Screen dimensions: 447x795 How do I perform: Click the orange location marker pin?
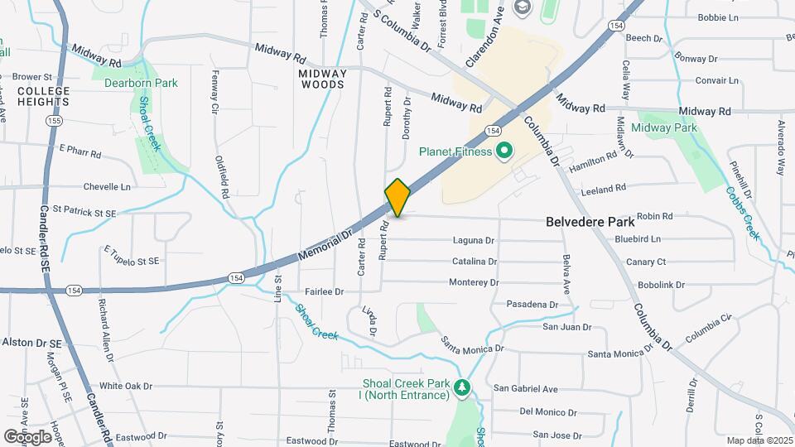tap(397, 198)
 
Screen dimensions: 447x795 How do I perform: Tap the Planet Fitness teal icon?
tap(503, 151)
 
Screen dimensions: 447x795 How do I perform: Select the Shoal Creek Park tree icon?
tap(464, 388)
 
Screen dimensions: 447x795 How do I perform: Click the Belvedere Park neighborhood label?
tap(590, 222)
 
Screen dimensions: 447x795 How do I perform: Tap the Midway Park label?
tap(663, 127)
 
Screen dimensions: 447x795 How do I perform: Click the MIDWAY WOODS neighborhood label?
tap(321, 79)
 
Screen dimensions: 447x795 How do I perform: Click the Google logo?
tap(27, 436)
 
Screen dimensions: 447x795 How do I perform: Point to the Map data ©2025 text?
tap(759, 440)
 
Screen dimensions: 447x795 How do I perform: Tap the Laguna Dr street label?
tap(473, 241)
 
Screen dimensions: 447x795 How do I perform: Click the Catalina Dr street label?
tap(475, 262)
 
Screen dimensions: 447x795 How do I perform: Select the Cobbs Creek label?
tap(742, 213)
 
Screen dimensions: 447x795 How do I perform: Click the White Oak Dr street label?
tap(126, 386)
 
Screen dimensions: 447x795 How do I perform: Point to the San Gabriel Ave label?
tap(526, 388)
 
